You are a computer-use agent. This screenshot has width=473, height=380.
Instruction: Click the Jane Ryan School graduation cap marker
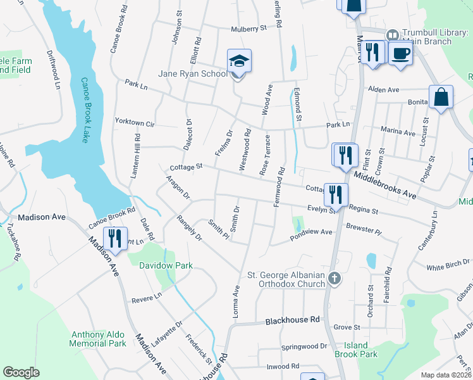tap(240, 61)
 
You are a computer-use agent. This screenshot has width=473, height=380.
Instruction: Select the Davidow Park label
tap(166, 266)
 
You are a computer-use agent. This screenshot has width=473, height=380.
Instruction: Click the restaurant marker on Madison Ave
tap(115, 239)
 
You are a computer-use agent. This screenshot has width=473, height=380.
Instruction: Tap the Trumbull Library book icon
tap(392, 34)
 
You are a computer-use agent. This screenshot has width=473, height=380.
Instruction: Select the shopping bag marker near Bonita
tap(441, 98)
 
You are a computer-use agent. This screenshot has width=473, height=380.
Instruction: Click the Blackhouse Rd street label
tap(293, 320)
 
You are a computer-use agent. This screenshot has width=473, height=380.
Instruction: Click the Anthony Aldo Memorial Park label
tap(99, 339)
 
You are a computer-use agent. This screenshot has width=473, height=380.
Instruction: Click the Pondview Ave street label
tap(311, 232)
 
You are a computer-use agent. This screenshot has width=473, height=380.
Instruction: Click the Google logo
tap(21, 372)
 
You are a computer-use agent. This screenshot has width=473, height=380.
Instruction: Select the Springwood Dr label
tap(305, 347)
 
